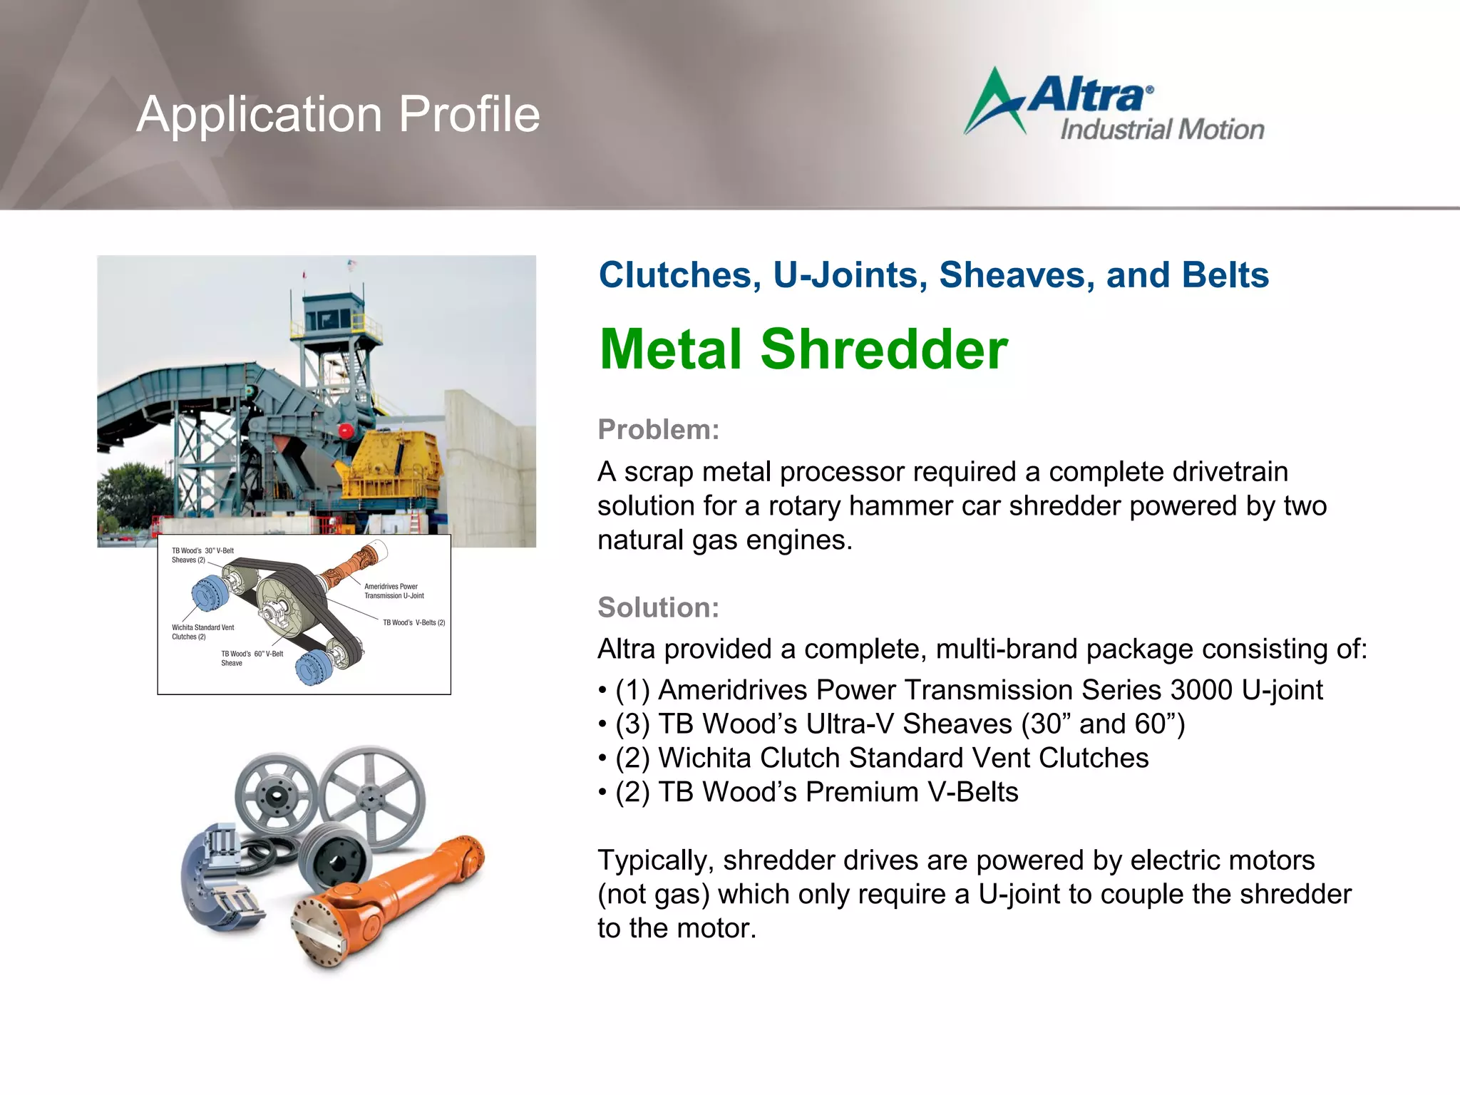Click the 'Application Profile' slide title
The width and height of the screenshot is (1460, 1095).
click(338, 114)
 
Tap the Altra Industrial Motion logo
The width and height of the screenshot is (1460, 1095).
click(1114, 106)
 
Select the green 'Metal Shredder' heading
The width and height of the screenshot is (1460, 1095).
click(803, 349)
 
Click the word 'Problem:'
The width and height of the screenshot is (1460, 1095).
click(658, 430)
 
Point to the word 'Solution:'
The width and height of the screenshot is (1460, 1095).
click(658, 607)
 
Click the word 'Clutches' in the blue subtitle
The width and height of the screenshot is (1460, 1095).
click(679, 275)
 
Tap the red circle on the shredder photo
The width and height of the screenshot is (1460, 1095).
click(346, 431)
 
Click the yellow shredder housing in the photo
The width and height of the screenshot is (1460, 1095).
click(391, 463)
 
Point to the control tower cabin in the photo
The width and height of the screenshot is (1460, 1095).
click(333, 314)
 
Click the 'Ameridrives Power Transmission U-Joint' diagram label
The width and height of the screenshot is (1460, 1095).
click(394, 591)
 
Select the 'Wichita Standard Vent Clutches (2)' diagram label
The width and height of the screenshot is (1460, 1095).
click(202, 632)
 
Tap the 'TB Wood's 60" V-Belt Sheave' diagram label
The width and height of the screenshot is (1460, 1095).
click(252, 658)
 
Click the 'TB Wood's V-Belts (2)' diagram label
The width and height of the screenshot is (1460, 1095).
click(413, 622)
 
